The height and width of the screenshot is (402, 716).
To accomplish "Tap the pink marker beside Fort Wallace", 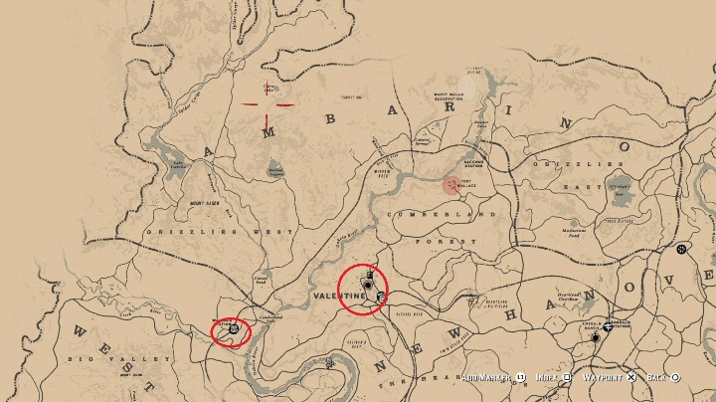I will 452,184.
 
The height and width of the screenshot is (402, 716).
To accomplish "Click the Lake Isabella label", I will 178,166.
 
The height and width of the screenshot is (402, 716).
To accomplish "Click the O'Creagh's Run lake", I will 620,185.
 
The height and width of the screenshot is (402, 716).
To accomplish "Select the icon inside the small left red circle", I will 233,328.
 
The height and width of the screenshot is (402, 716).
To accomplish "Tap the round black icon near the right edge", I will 681,249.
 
